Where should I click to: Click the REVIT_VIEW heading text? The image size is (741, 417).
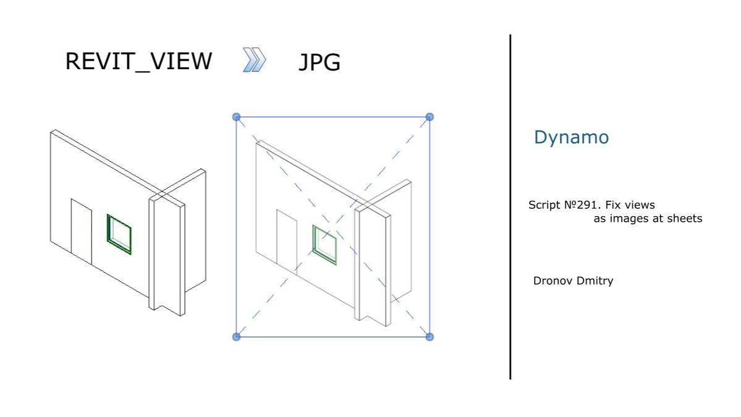[x=138, y=62]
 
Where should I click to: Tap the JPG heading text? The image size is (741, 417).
[x=320, y=62]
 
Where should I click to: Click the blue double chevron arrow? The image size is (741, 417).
[x=254, y=61]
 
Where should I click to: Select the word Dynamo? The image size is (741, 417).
[x=571, y=137]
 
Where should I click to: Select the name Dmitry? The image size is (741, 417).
[x=595, y=281]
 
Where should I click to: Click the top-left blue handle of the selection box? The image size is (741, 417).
[x=236, y=116]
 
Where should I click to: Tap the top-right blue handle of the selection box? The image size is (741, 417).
[x=430, y=116]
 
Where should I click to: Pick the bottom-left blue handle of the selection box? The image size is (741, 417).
[x=236, y=337]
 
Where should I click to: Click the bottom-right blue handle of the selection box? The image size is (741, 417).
[x=430, y=337]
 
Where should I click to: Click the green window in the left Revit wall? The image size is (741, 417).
[x=119, y=234]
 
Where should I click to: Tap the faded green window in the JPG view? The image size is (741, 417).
[x=324, y=245]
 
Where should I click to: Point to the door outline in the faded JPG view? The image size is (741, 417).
[x=287, y=241]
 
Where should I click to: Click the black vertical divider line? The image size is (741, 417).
[x=510, y=207]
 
